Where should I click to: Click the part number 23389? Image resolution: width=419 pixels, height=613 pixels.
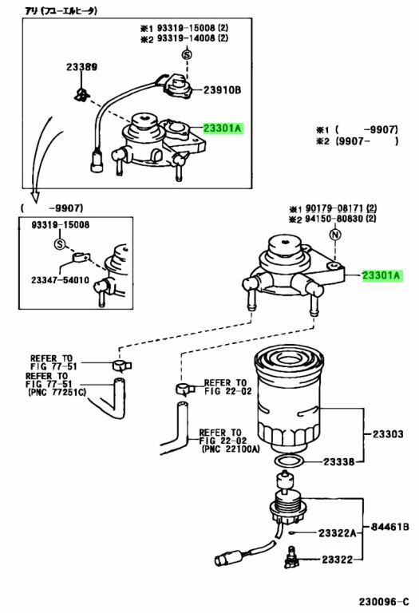[81, 67]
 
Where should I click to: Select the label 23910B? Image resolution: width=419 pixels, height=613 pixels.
[222, 90]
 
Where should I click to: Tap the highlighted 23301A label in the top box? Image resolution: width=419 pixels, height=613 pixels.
[223, 129]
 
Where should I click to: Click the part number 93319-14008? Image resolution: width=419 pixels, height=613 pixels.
[186, 38]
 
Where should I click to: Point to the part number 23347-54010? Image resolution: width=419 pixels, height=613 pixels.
[60, 280]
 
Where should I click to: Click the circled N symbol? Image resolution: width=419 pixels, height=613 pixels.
[335, 235]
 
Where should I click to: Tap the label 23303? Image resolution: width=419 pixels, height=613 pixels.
[387, 434]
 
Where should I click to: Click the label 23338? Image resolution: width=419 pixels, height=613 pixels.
[338, 461]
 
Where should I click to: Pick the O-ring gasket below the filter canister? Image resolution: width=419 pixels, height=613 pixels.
[288, 460]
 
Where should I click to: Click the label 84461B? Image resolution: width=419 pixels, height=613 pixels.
[389, 527]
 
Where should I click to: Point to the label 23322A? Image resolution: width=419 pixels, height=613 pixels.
[338, 533]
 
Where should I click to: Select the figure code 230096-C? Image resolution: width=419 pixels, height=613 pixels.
[384, 601]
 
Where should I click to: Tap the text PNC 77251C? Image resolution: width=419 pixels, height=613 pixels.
[57, 393]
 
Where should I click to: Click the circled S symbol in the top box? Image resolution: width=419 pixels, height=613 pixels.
[188, 55]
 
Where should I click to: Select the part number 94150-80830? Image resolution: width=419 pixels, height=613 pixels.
[334, 219]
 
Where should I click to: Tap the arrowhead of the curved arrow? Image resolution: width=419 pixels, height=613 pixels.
[36, 196]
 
